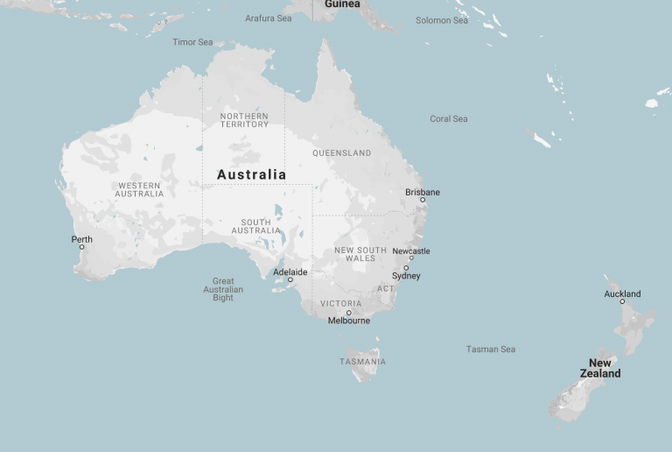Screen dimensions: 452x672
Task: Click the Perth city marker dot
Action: click(x=82, y=247)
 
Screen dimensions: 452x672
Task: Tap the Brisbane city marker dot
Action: click(x=423, y=200)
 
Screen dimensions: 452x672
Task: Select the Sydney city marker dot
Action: click(x=406, y=268)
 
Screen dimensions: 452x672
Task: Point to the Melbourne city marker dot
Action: click(x=348, y=313)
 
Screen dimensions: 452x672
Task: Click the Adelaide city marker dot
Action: click(x=290, y=280)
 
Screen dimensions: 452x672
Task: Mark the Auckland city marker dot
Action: click(x=622, y=301)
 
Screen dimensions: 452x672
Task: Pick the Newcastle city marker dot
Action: click(x=411, y=258)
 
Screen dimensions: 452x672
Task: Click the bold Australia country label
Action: click(x=251, y=174)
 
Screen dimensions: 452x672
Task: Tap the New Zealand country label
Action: click(x=600, y=368)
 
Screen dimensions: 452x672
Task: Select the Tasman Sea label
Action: click(x=490, y=350)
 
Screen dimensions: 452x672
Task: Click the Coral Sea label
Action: click(x=449, y=119)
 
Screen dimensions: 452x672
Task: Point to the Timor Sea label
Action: click(x=192, y=42)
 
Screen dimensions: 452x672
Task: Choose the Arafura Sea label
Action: click(x=269, y=18)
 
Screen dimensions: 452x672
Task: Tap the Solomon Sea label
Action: click(x=442, y=20)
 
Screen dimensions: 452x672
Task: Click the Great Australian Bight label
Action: click(x=223, y=290)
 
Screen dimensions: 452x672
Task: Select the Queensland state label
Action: click(x=341, y=153)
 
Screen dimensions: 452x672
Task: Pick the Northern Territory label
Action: click(x=244, y=120)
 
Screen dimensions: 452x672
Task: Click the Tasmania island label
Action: click(x=363, y=362)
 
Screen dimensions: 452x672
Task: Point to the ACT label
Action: click(x=385, y=289)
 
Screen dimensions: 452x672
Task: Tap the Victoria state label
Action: click(x=340, y=303)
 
